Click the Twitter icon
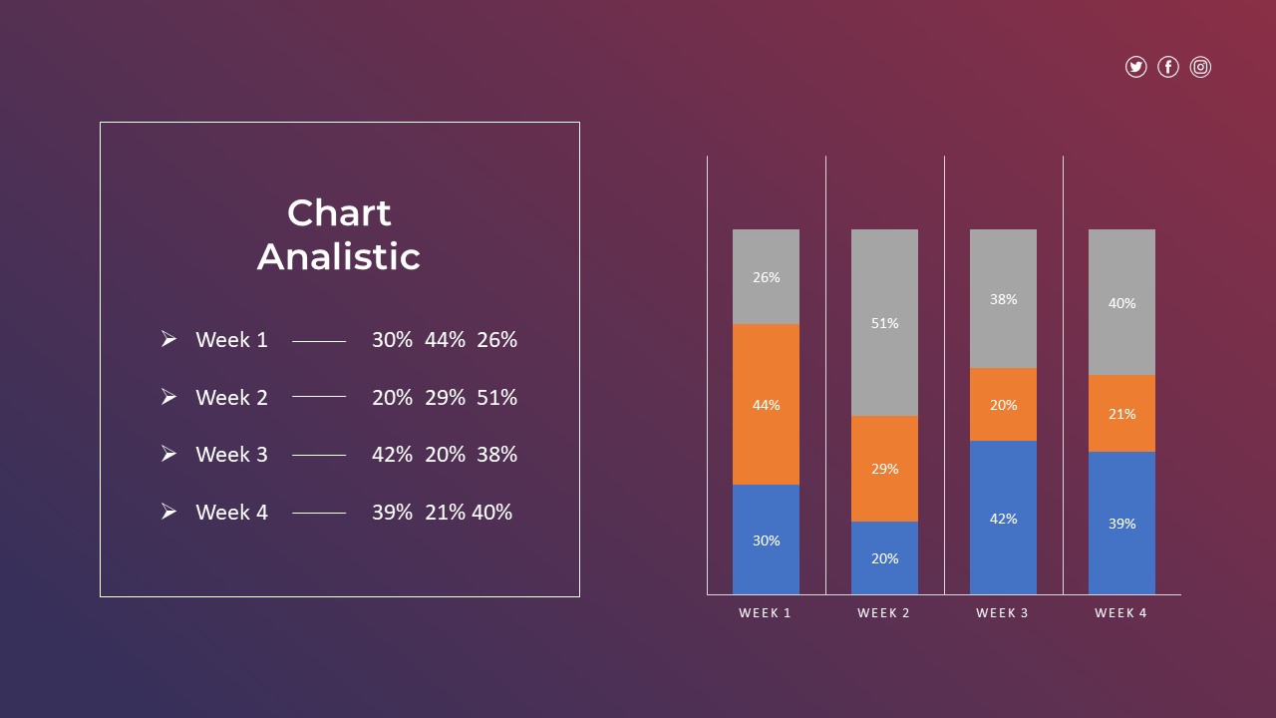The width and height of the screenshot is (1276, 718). pos(1135,67)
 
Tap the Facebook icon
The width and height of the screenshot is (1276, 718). pos(1168,67)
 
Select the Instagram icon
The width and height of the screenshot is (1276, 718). pos(1201,67)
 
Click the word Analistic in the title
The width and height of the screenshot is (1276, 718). pos(339,257)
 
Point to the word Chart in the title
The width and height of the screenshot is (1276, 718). pos(339,212)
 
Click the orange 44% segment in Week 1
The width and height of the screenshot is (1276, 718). pos(766,404)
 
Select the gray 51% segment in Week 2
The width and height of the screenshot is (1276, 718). pos(884,322)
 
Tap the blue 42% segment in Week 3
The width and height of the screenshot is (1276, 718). pos(1003,518)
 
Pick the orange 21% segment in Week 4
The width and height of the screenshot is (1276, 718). pos(1121,413)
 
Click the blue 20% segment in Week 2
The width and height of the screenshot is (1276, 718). pos(884,557)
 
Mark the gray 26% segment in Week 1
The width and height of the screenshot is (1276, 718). pos(766,276)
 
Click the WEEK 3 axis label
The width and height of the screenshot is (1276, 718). pos(1003,613)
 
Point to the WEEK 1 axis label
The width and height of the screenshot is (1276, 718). pos(766,613)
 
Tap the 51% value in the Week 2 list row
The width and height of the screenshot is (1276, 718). pos(496,398)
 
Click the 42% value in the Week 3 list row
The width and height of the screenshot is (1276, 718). pos(392,455)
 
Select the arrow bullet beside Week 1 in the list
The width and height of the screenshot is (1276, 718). pos(168,339)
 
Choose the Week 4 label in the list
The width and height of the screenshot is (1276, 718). pos(231,513)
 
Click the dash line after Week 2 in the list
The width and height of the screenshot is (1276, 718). pos(319,397)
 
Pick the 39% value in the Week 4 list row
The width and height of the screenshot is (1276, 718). pos(392,513)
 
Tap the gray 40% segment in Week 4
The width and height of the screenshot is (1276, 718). pos(1121,302)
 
